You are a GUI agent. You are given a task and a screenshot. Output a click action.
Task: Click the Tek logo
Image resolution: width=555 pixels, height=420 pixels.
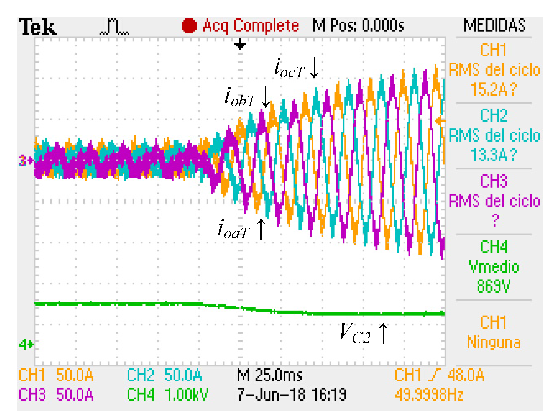pos(38,27)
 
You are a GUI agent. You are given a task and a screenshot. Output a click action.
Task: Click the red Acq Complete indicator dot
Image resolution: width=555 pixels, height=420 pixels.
pos(189,26)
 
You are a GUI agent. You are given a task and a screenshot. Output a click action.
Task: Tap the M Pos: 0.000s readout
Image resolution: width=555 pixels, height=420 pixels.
pos(358,25)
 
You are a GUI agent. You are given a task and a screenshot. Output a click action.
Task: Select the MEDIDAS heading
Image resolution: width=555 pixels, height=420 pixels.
pos(494,25)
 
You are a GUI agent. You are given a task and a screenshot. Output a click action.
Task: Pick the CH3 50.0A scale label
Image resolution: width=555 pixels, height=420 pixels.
pos(56,394)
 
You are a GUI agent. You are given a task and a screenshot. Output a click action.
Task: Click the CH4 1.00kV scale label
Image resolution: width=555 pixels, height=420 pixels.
pos(167,394)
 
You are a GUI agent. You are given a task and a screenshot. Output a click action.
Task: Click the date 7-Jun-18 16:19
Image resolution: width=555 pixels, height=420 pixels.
pos(292,394)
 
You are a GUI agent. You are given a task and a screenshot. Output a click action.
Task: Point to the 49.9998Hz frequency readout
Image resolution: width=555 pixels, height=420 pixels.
pos(429,395)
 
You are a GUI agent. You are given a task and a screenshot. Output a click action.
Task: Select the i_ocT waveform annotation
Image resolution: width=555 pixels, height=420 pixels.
pos(289,69)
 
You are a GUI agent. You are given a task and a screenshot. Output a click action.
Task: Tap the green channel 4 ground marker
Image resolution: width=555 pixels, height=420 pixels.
pos(26,344)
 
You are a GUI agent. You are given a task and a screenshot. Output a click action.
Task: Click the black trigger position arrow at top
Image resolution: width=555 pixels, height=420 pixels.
pos(240,45)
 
